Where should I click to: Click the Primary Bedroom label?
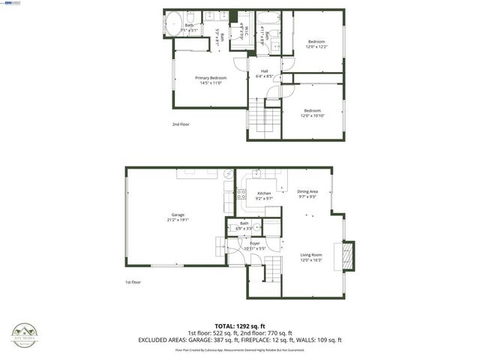211,79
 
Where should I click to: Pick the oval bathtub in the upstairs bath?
171,25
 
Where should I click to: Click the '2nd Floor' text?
181,124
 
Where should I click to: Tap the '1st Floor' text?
133,282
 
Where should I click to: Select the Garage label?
177,218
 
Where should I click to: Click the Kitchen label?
264,196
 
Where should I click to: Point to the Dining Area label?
307,193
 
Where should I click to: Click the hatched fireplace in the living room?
346,255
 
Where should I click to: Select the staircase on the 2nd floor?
261,118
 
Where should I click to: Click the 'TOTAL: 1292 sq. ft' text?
240,326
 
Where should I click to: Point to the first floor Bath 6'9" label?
244,225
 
